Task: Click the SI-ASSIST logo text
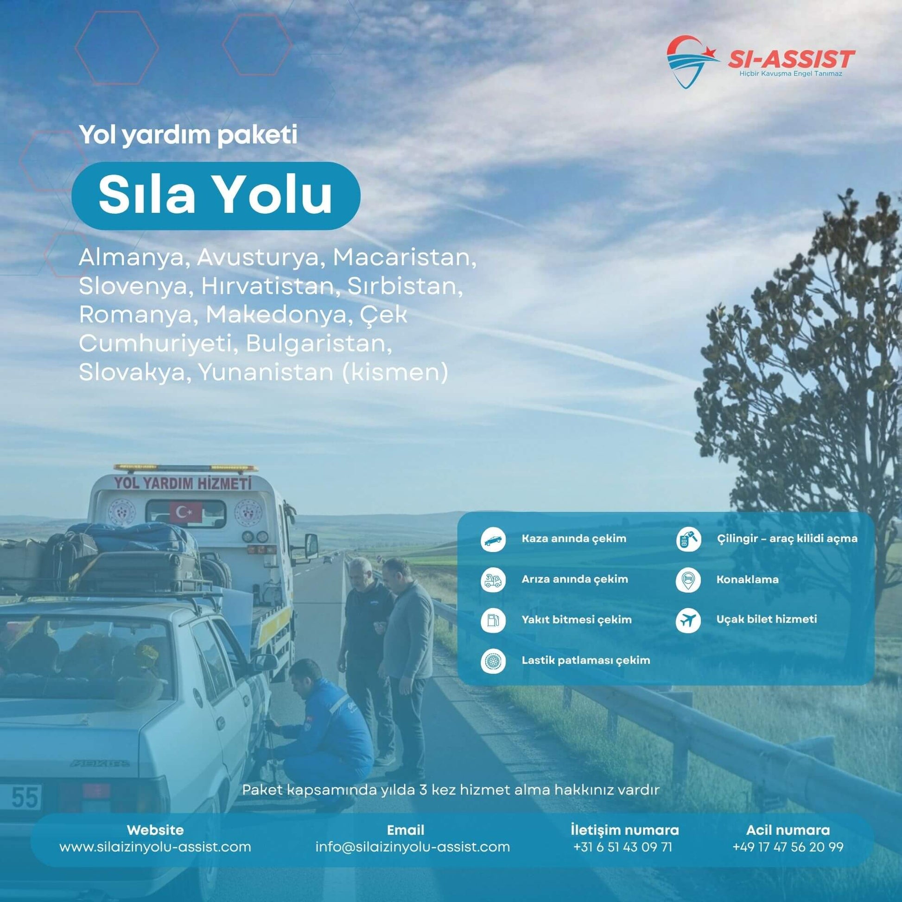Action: tap(791, 59)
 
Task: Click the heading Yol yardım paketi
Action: tap(188, 135)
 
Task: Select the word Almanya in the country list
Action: tap(131, 257)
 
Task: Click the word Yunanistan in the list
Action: tap(266, 372)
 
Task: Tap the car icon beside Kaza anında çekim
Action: tap(493, 540)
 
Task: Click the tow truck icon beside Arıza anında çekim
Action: tap(493, 580)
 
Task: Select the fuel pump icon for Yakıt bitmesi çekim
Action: tap(493, 621)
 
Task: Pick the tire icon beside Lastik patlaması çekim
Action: tap(493, 661)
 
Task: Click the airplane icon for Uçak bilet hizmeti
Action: tap(688, 621)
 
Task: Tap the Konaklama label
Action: tap(748, 580)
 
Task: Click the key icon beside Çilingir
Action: tap(688, 540)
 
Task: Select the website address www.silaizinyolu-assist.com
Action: tap(155, 846)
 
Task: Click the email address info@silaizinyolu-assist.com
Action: tap(413, 846)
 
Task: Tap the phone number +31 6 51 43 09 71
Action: tap(623, 846)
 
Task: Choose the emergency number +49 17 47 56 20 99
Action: tap(788, 846)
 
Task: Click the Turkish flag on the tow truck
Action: tap(186, 512)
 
